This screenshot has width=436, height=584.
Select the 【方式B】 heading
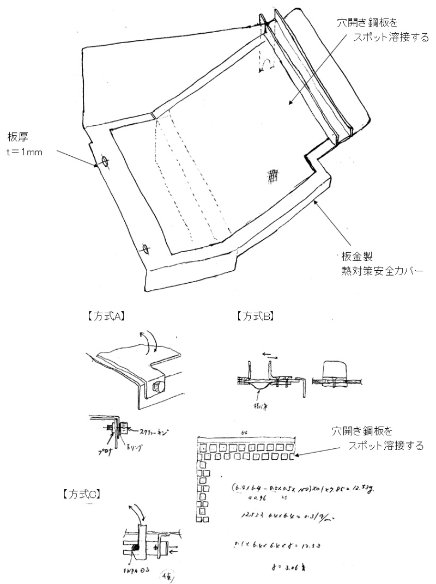click(x=256, y=315)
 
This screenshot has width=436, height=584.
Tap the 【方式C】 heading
click(x=82, y=494)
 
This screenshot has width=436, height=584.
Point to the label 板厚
click(x=16, y=136)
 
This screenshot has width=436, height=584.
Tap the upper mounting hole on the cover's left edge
click(x=105, y=162)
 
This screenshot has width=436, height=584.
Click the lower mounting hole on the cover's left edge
click(x=145, y=249)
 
